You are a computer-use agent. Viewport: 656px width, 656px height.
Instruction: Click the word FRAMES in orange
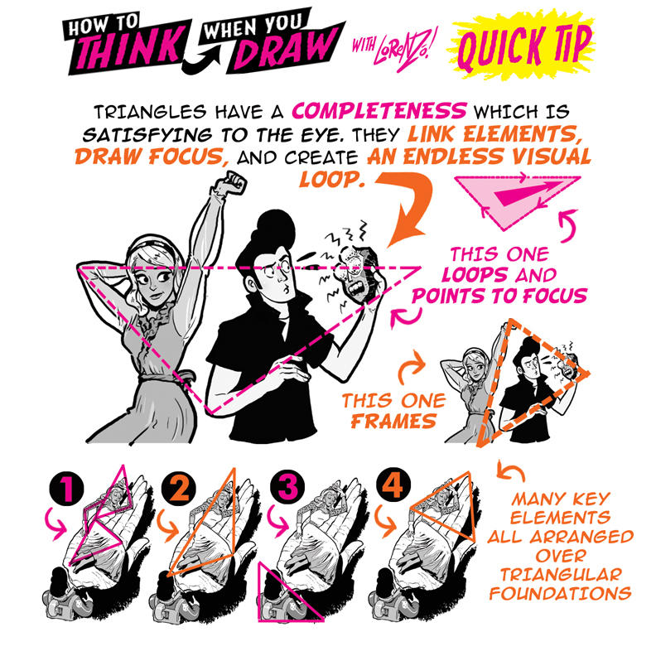393,421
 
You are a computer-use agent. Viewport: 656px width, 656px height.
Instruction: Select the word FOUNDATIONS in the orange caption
562,592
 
